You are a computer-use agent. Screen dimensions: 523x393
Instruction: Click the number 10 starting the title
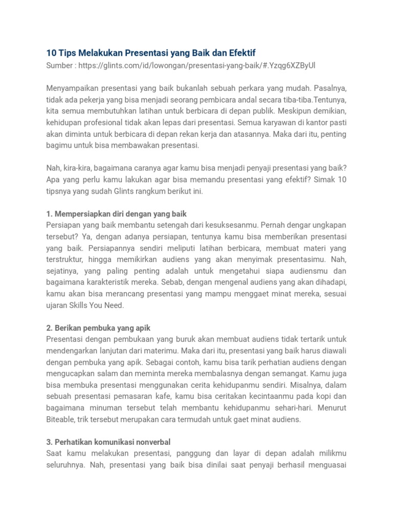coord(51,53)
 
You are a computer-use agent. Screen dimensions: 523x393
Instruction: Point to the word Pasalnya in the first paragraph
coord(329,87)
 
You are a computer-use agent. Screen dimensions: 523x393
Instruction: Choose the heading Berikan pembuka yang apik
coord(98,328)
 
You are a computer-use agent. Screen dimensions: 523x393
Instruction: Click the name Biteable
coord(60,419)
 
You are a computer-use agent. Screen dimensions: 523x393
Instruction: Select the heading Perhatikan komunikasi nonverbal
coord(108,442)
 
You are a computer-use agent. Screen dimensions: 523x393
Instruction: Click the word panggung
coord(200,454)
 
